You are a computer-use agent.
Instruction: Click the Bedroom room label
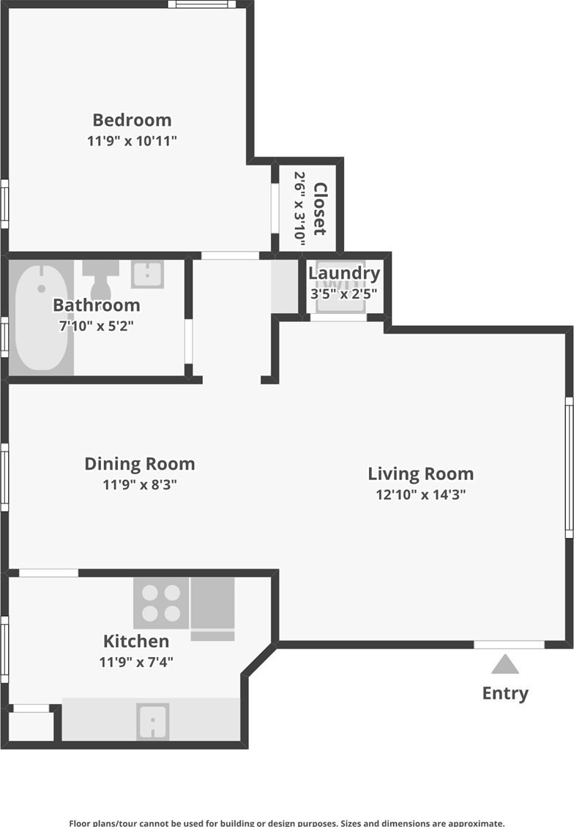pyautogui.click(x=132, y=120)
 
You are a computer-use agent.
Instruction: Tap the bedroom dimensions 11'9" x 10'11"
pyautogui.click(x=132, y=141)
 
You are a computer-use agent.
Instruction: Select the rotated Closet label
pyautogui.click(x=320, y=209)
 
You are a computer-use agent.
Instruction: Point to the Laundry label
pyautogui.click(x=344, y=273)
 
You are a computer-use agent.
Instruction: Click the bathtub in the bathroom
pyautogui.click(x=41, y=318)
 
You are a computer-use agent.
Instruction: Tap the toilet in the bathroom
pyautogui.click(x=100, y=280)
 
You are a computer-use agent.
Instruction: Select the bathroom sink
pyautogui.click(x=147, y=274)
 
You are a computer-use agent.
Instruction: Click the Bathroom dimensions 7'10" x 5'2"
pyautogui.click(x=96, y=326)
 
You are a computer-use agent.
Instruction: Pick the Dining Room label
pyautogui.click(x=140, y=463)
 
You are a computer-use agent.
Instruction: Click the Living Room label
pyautogui.click(x=420, y=474)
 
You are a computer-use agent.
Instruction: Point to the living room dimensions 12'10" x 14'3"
pyautogui.click(x=420, y=494)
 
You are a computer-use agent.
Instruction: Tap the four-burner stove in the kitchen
pyautogui.click(x=161, y=603)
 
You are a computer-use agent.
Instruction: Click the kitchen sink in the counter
pyautogui.click(x=152, y=721)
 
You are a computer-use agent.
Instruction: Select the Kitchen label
pyautogui.click(x=136, y=641)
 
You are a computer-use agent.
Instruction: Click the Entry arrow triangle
pyautogui.click(x=505, y=664)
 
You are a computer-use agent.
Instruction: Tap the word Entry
pyautogui.click(x=505, y=693)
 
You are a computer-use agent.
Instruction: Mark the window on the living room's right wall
pyautogui.click(x=570, y=468)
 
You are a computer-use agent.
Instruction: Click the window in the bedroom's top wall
pyautogui.click(x=201, y=4)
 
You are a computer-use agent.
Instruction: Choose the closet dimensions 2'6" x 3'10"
pyautogui.click(x=299, y=209)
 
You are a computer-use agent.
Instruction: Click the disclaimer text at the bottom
pyautogui.click(x=286, y=823)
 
